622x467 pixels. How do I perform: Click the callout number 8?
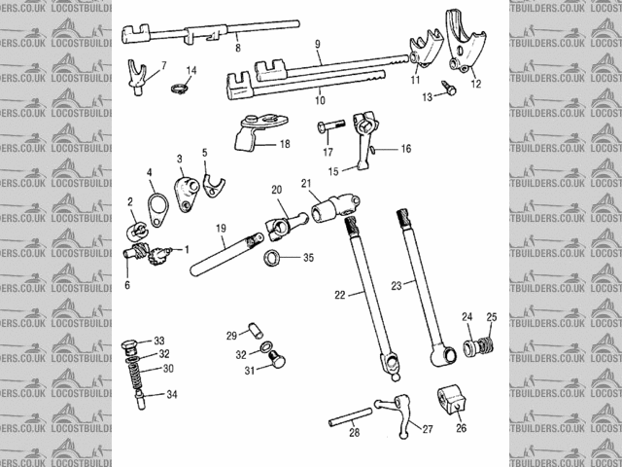tap(238, 46)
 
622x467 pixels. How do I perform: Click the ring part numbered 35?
tap(275, 259)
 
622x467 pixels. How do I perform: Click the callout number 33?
tap(159, 341)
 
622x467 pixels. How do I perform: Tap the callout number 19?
tap(221, 230)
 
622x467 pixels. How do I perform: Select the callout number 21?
tap(305, 184)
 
